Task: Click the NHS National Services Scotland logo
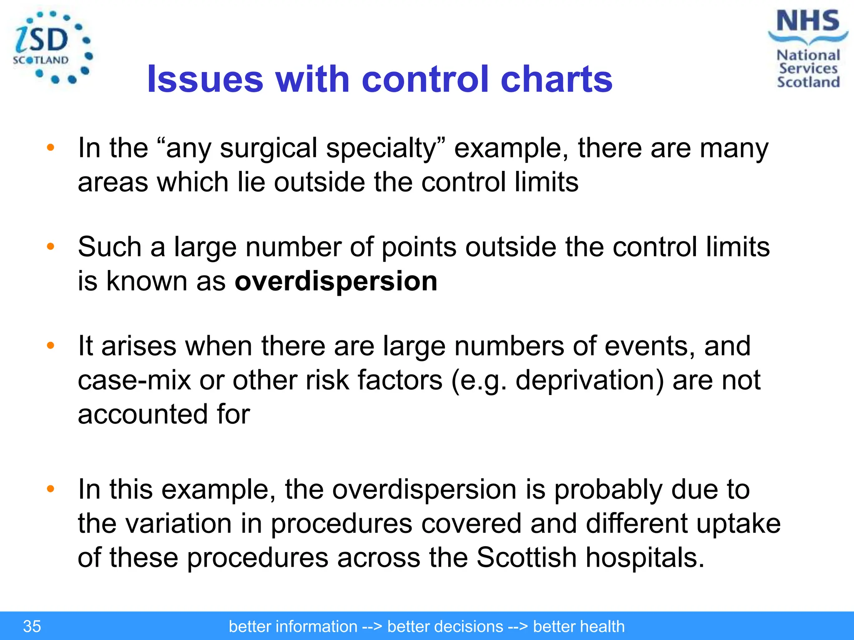808,49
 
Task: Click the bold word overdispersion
336,281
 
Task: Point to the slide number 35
32,626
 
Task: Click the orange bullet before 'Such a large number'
51,247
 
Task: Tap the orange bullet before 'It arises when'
51,345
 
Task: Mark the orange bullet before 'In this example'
51,489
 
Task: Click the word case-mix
134,380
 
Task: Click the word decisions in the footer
445,626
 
